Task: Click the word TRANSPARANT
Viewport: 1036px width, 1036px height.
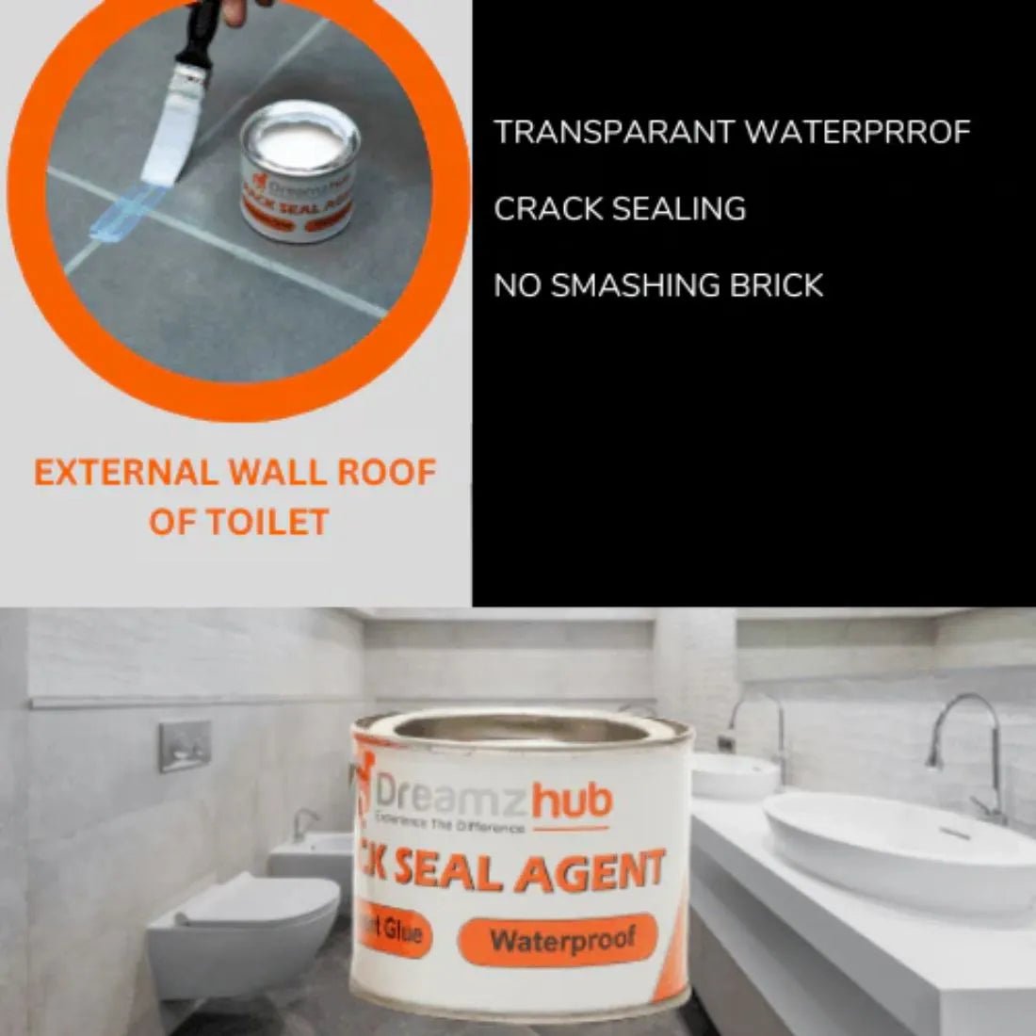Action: pyautogui.click(x=613, y=133)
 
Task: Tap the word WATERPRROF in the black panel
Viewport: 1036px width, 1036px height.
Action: pyautogui.click(x=857, y=133)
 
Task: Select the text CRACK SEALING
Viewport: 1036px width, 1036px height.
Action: pyautogui.click(x=620, y=209)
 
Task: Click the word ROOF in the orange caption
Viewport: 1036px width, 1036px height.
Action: pyautogui.click(x=387, y=473)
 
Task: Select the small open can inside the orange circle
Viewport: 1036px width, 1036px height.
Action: pyautogui.click(x=299, y=170)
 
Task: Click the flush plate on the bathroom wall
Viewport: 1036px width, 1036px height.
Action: pyautogui.click(x=184, y=746)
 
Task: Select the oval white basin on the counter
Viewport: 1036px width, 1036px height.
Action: pyautogui.click(x=896, y=843)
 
